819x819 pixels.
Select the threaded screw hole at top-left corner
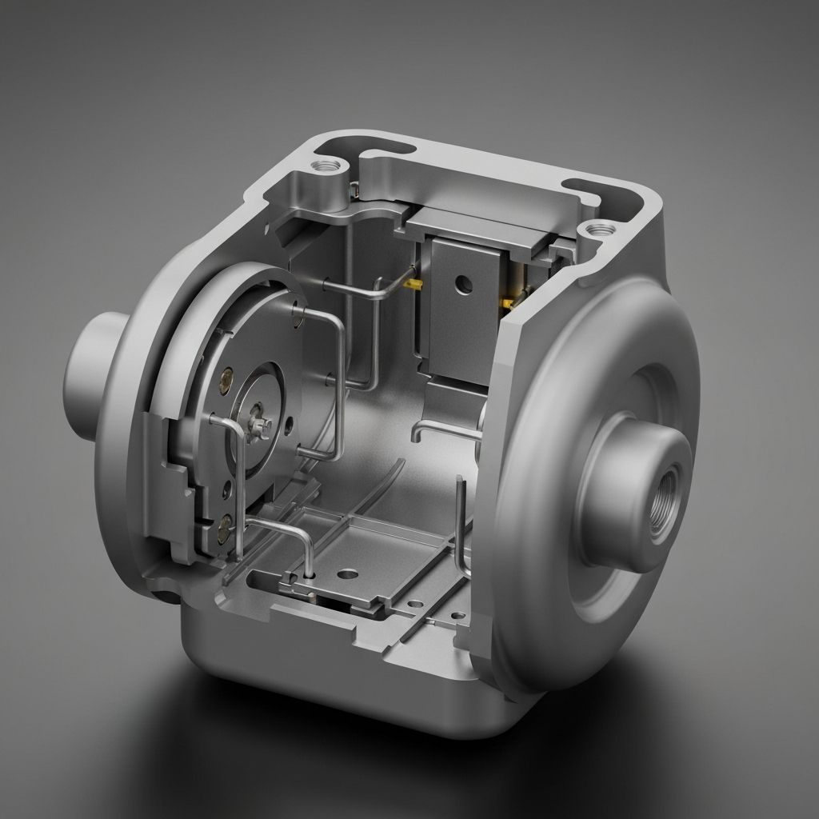(x=326, y=167)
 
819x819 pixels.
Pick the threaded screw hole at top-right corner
(x=596, y=230)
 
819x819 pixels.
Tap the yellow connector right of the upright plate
(x=507, y=302)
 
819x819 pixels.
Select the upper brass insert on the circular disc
(x=227, y=373)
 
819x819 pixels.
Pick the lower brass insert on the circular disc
(x=225, y=524)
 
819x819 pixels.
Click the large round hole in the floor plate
(x=348, y=573)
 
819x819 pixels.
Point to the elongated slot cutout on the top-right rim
(x=596, y=191)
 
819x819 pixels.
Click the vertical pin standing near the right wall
(x=460, y=520)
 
